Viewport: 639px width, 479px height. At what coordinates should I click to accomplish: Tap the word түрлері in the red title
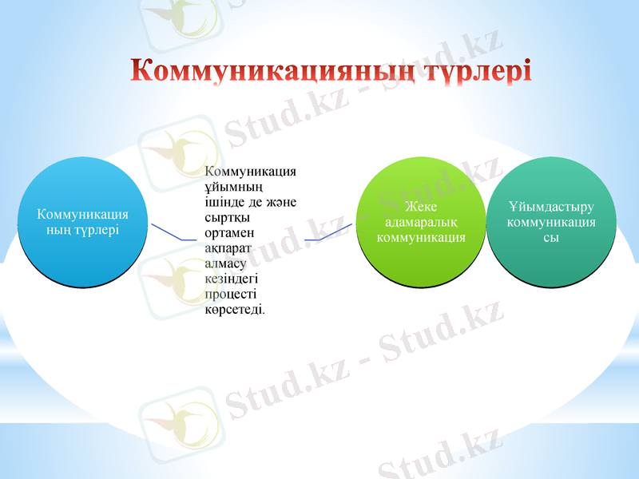click(x=470, y=69)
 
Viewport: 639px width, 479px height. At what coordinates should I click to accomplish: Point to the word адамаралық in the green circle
click(x=420, y=223)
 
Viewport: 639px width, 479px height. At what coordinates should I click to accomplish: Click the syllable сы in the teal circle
click(x=551, y=237)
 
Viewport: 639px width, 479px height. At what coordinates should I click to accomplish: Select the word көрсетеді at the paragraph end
click(x=235, y=309)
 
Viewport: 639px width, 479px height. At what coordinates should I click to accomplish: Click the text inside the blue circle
click(x=83, y=222)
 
